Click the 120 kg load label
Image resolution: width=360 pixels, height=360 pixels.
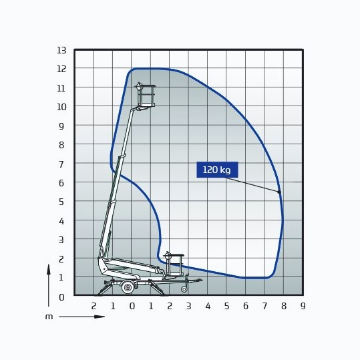point(217,170)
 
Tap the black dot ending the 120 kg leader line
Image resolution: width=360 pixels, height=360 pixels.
point(279,192)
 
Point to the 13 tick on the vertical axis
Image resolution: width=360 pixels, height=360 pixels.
point(61,50)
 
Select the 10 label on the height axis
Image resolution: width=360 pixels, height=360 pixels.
point(61,107)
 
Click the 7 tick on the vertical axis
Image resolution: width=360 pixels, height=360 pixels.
point(61,164)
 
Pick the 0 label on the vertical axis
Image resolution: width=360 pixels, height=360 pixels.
point(61,297)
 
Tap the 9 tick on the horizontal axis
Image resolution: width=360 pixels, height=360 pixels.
point(303,306)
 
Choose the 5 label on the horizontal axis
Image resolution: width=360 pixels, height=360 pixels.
point(226,306)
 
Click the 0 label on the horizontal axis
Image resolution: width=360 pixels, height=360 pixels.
point(132,306)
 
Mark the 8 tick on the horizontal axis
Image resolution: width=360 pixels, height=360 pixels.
point(284,306)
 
